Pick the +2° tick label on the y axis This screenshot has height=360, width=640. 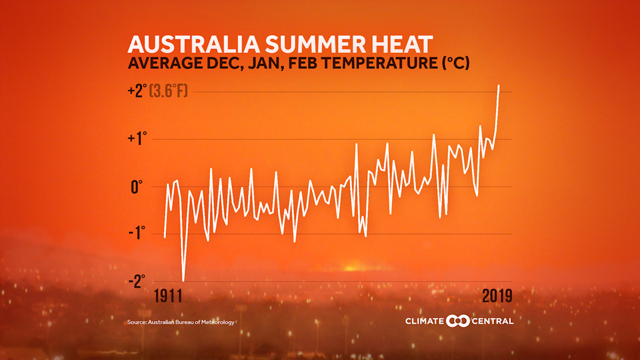coord(137,91)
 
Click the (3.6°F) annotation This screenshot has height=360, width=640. coord(169,91)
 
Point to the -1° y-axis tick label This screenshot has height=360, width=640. coord(137,234)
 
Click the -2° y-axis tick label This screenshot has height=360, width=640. coord(137,281)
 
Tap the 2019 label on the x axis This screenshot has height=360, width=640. coord(497,296)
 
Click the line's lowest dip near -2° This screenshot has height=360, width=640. coord(183,280)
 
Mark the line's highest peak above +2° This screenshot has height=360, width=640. coord(499,85)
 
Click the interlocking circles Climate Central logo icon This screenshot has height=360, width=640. coord(457,321)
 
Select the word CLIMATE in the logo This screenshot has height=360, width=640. coord(425,321)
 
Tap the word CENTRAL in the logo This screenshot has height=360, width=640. coord(492,321)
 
